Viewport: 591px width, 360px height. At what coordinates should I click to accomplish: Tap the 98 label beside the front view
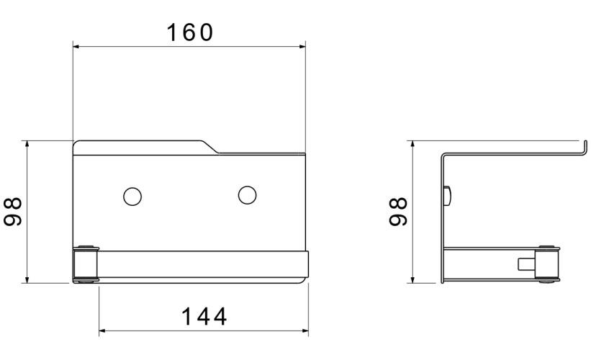pos(14,212)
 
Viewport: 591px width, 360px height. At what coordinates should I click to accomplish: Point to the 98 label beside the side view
pos(397,212)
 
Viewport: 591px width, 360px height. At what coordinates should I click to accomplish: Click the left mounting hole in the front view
pos(132,195)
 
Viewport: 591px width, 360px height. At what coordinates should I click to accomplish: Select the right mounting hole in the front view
pos(247,195)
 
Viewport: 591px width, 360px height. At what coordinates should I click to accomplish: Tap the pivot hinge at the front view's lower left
pos(85,265)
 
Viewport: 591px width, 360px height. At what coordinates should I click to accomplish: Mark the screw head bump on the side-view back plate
pos(448,194)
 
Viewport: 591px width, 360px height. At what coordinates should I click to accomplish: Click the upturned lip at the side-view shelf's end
pos(578,148)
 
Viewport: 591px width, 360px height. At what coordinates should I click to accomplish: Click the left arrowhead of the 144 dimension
pos(101,331)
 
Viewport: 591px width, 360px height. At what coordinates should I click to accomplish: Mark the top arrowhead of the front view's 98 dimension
pos(27,144)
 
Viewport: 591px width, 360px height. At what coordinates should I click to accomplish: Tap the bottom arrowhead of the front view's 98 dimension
pos(27,280)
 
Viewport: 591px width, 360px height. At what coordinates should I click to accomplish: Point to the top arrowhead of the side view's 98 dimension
pos(412,144)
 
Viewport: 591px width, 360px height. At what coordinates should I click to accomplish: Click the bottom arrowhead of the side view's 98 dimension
pos(412,280)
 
